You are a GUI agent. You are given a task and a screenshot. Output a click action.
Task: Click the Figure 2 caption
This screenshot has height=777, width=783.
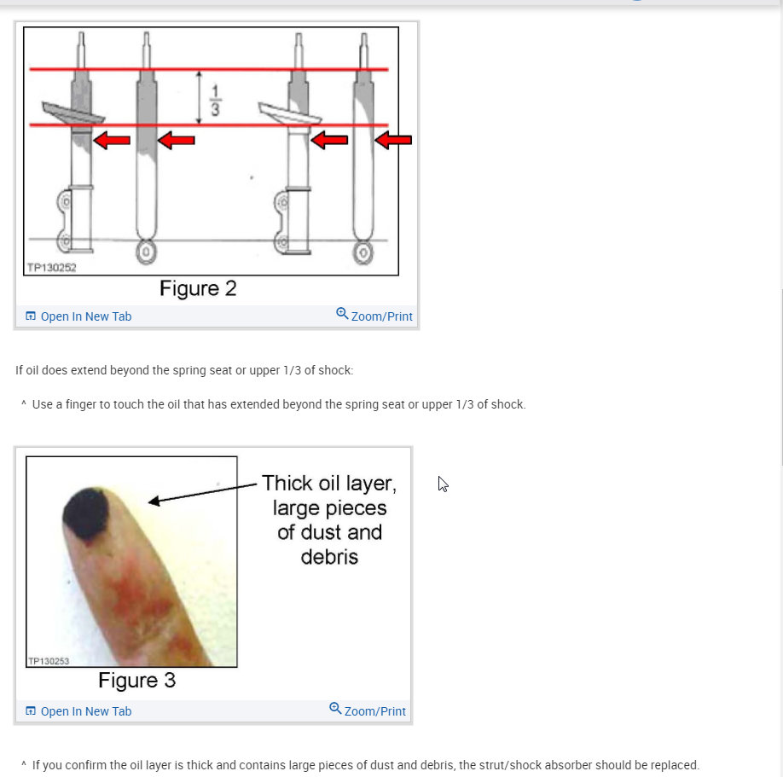point(198,288)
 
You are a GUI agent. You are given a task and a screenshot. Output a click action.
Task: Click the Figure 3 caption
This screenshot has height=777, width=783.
point(136,681)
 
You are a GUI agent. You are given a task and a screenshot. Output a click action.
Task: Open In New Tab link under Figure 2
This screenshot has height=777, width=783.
point(85,316)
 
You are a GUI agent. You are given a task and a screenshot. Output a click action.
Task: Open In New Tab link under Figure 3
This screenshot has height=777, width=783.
point(85,711)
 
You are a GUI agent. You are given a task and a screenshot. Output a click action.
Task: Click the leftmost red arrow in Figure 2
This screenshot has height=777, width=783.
point(112,140)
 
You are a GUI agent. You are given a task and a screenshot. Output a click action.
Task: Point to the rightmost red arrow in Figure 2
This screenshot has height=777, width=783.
point(393,139)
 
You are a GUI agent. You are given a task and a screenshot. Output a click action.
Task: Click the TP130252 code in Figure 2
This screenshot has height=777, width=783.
point(51,268)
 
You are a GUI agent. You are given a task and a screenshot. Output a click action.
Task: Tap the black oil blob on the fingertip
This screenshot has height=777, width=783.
point(85,513)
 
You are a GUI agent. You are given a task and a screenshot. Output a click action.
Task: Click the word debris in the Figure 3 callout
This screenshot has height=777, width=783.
point(329,557)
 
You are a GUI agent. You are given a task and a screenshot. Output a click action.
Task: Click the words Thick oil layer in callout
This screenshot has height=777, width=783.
point(328,484)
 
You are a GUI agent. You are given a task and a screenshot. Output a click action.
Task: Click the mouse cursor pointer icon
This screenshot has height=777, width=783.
point(443,484)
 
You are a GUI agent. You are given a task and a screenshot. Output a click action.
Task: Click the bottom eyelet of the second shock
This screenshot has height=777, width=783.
point(147,252)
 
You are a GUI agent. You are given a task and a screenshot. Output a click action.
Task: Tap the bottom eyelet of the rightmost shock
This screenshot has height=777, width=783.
point(364,252)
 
